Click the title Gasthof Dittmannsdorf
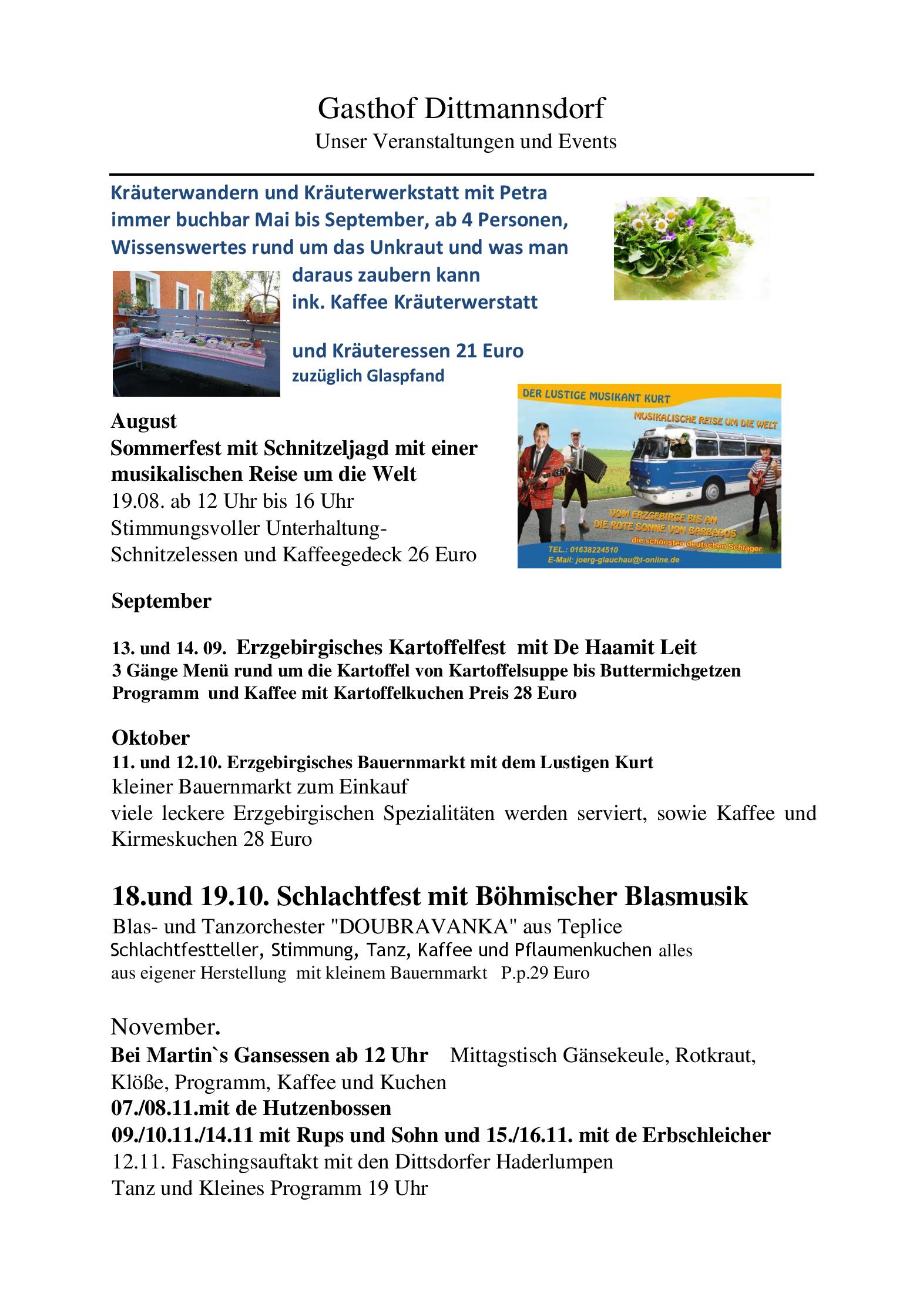461,109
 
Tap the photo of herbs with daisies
691,248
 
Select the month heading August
144,421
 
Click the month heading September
161,601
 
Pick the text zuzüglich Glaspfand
368,376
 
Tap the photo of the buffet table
196,333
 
